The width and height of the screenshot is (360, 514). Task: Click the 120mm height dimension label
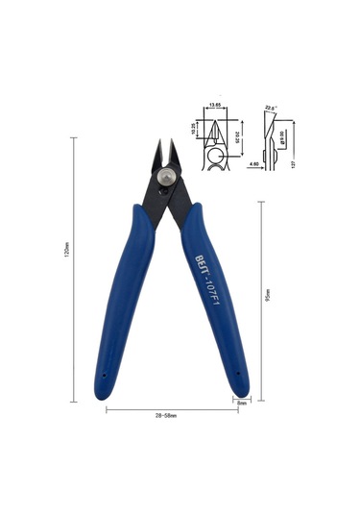[x=66, y=268]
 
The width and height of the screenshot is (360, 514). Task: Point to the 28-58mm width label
[x=171, y=415]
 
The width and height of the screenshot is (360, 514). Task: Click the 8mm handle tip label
[x=243, y=403]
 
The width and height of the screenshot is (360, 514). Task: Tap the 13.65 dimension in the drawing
[x=215, y=106]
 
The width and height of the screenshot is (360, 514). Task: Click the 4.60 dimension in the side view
[x=252, y=164]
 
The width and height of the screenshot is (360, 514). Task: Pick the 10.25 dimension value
[x=194, y=128]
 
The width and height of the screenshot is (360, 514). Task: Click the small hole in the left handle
[x=104, y=371]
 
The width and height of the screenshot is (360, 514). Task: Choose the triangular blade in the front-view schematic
[x=214, y=130]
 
